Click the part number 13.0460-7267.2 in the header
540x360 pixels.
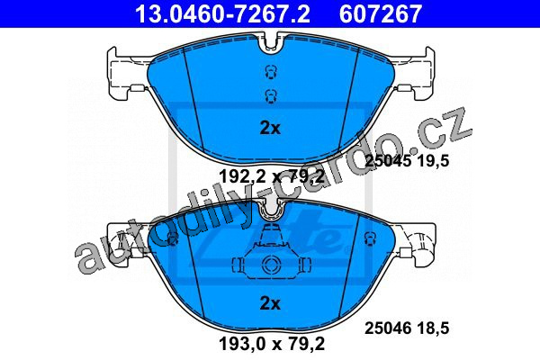(x=222, y=13)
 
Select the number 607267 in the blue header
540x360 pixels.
(x=381, y=13)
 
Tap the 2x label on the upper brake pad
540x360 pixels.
(x=270, y=128)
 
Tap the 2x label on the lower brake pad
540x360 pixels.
(x=270, y=303)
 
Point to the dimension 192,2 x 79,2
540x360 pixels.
(x=272, y=177)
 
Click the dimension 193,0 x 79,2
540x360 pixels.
(x=272, y=344)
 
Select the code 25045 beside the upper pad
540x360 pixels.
(x=388, y=160)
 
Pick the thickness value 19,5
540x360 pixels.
(x=432, y=160)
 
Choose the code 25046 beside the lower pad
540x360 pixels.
(x=388, y=328)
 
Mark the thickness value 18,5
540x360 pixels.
(x=432, y=328)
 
